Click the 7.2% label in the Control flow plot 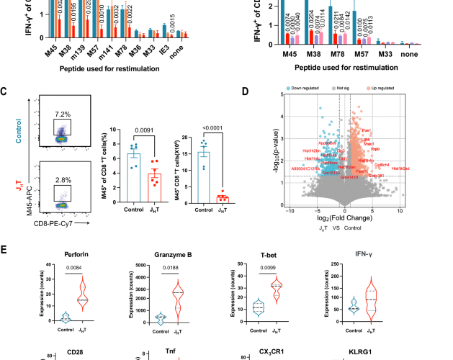tap(60, 114)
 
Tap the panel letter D tap(246, 92)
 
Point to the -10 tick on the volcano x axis tap(290, 211)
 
